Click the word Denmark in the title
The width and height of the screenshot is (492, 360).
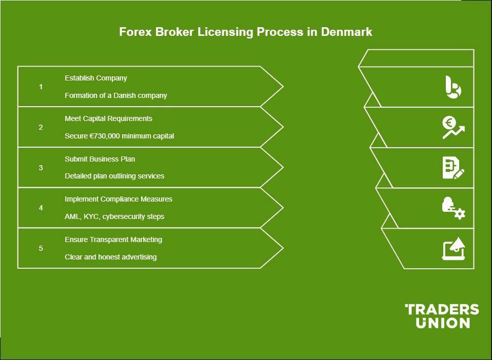tap(346, 32)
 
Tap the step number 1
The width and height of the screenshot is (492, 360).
tap(41, 87)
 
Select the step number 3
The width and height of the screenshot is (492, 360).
tap(41, 168)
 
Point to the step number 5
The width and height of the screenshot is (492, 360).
tap(41, 248)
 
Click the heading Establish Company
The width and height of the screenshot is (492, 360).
tap(96, 78)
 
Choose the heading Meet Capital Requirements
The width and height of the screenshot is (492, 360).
tap(108, 118)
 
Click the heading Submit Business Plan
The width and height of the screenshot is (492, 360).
tap(100, 159)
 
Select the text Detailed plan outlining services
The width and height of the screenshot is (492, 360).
tap(114, 176)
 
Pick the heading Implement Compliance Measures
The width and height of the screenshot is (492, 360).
tap(119, 199)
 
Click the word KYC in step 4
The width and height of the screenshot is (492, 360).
tap(91, 217)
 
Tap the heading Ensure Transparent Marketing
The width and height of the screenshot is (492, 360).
tap(113, 239)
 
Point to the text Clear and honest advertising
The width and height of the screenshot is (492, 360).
tap(110, 257)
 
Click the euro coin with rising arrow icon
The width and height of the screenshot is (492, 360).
tap(454, 127)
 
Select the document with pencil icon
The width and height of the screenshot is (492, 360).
tap(454, 168)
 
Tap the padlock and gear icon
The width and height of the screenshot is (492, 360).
tap(454, 208)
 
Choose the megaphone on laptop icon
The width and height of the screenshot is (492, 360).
tap(454, 248)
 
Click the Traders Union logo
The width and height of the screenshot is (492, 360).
tap(442, 316)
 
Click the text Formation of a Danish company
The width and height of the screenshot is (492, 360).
tap(116, 96)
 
